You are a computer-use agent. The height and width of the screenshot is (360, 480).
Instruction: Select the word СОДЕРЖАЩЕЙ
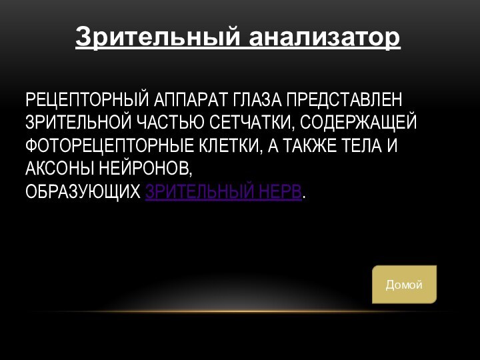pyautogui.click(x=360, y=123)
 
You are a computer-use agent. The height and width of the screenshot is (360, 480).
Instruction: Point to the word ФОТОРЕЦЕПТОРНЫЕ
pyautogui.click(x=107, y=146)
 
